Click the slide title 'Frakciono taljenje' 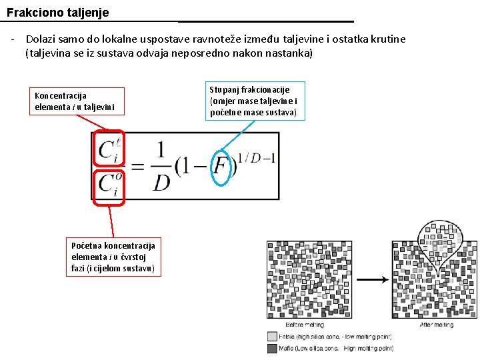coord(57,12)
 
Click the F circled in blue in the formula coord(221,167)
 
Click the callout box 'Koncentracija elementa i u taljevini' coord(75,101)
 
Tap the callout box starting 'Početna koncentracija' coord(113,257)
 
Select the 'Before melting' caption coord(305,325)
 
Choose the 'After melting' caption coord(437,325)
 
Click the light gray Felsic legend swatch coord(271,337)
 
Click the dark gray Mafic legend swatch coord(271,348)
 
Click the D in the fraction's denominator coord(161,181)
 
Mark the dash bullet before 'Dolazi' coord(13,39)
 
